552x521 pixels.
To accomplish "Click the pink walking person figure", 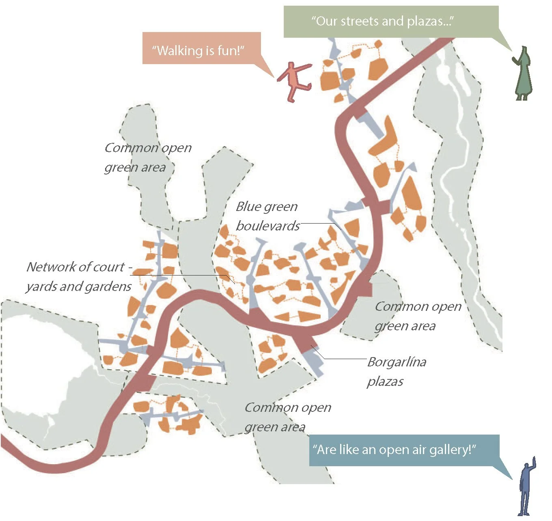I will pos(294,81).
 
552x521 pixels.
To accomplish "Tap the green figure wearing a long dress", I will pos(523,75).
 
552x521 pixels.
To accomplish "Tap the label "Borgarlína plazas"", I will pos(396,371).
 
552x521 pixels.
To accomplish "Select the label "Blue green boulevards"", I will pos(267,216).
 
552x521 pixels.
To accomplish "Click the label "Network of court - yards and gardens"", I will pos(79,276).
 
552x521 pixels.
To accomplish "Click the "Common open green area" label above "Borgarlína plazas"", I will pos(418,316).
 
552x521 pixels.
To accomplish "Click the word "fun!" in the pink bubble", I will pos(231,51).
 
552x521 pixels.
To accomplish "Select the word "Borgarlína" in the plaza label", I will pos(397,362).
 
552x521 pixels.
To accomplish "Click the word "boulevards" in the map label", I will pos(267,226).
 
